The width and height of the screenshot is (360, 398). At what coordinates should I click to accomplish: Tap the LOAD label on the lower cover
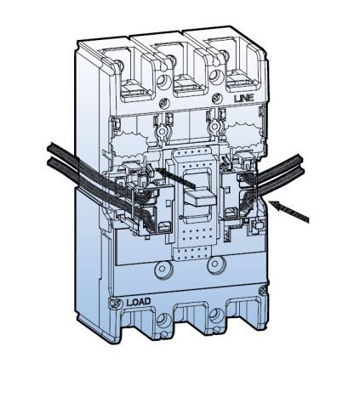point(138,303)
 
